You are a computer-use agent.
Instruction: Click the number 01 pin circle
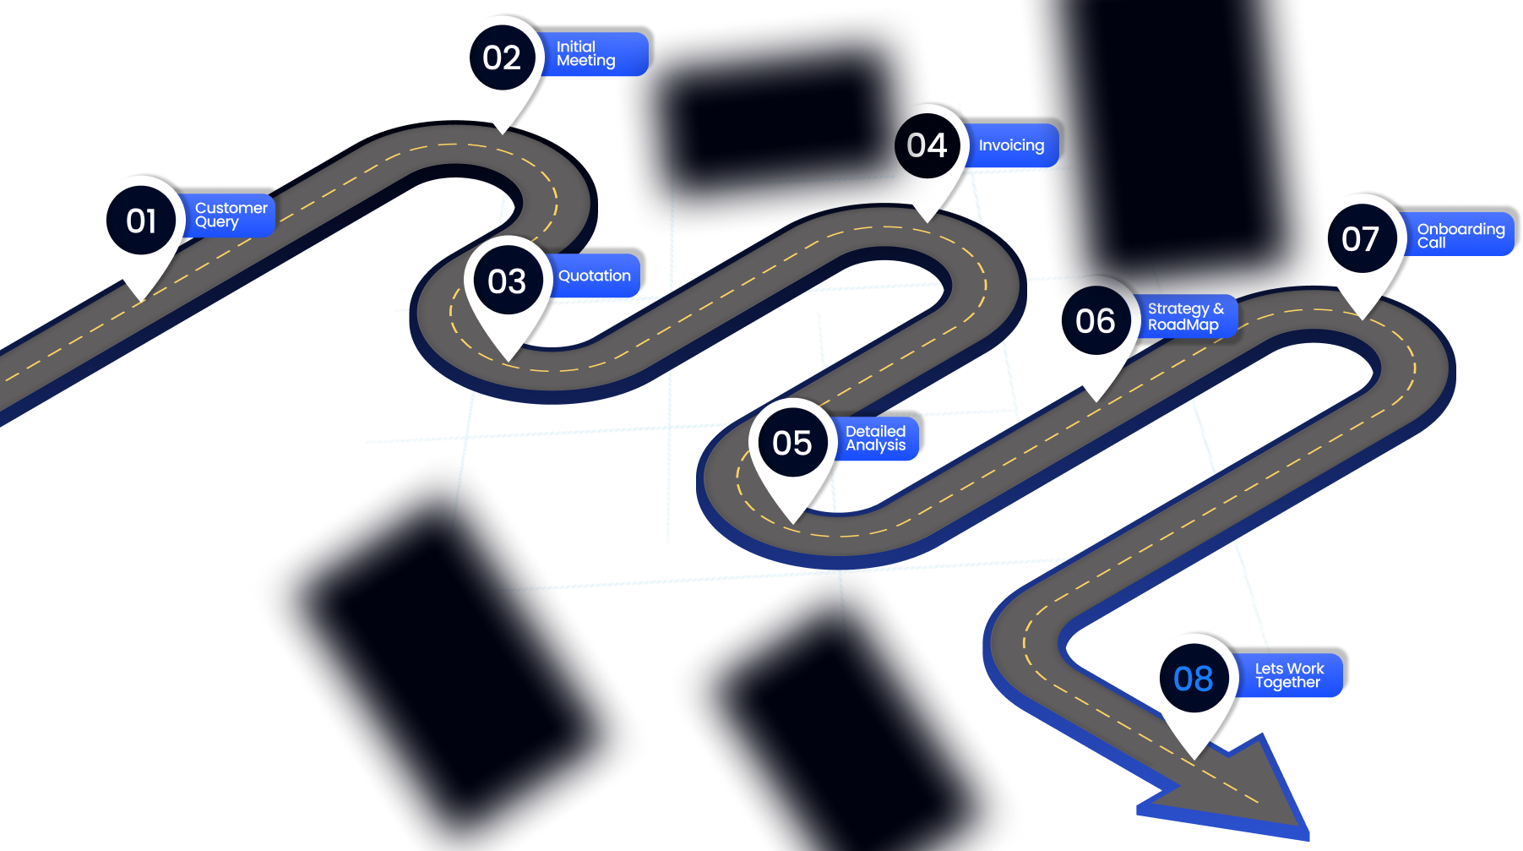point(141,221)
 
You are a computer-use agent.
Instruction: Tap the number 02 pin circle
point(502,57)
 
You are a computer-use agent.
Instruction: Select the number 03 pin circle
point(507,281)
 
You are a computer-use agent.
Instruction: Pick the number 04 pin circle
point(927,145)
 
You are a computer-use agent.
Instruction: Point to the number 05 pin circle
point(792,442)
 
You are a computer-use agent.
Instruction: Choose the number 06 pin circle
point(1095,320)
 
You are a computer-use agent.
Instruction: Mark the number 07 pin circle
point(1360,238)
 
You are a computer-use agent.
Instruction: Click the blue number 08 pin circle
point(1193,678)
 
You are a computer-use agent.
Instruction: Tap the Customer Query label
point(231,215)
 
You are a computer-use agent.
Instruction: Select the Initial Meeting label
point(593,54)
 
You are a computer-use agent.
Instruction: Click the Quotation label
point(595,275)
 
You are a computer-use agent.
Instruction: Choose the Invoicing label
point(1011,145)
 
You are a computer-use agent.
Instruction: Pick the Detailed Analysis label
point(876,438)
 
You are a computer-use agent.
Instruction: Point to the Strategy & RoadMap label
point(1186,317)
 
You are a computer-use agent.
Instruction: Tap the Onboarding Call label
point(1460,235)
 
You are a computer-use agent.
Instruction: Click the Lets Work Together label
point(1290,675)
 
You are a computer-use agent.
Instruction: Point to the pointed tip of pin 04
point(927,221)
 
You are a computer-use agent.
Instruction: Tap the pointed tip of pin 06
point(1096,400)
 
